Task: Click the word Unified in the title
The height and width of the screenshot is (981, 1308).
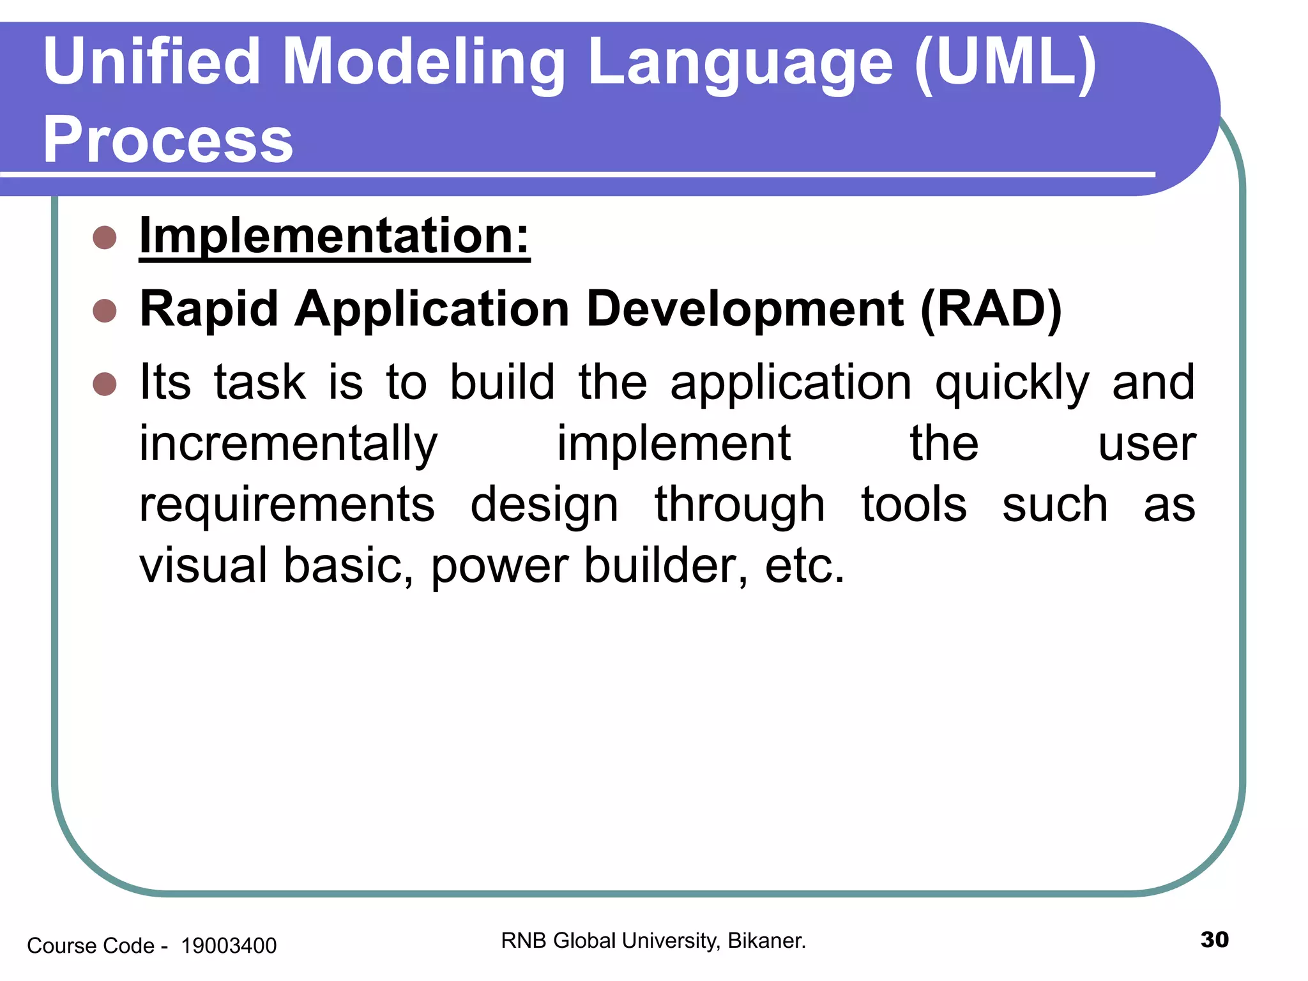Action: [151, 61]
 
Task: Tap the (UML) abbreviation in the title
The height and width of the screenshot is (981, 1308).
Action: [1005, 63]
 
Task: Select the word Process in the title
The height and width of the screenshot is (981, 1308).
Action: [168, 140]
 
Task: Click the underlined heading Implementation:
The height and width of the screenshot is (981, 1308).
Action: [335, 236]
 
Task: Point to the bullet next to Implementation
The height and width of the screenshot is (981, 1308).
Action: [105, 238]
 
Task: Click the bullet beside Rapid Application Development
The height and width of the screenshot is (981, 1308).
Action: [105, 311]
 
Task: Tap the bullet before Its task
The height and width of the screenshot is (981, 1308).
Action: [105, 384]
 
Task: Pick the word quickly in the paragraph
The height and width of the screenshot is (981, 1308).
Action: [1012, 383]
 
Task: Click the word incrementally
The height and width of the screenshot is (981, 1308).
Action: [289, 444]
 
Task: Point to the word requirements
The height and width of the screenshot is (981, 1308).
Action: [287, 505]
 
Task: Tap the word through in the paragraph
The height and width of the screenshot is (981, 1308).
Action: [740, 505]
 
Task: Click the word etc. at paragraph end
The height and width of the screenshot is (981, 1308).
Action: [805, 565]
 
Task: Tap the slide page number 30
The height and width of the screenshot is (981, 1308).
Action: [1214, 940]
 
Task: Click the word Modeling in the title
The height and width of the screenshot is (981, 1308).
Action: [423, 63]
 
